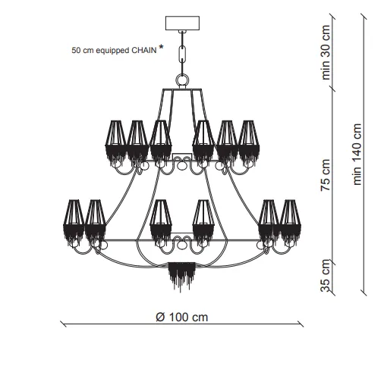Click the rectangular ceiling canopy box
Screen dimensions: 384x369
[182, 23]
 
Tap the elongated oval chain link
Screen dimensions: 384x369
[182, 54]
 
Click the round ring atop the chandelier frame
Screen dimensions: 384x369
[182, 80]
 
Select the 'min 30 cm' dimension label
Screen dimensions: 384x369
[326, 52]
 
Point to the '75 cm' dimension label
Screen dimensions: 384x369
[326, 175]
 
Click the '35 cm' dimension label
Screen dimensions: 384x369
[326, 276]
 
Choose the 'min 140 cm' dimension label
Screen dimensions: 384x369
[357, 155]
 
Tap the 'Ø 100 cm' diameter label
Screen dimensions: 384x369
[182, 317]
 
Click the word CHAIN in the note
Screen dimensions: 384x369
[144, 50]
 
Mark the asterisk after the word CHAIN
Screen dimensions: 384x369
[161, 47]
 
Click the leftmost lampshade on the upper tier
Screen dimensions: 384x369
[115, 142]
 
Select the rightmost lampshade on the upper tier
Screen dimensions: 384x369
[249, 142]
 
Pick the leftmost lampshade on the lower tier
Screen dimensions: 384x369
[74, 222]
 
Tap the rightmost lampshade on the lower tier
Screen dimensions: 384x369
[291, 222]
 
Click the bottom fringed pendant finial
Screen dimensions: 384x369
[182, 276]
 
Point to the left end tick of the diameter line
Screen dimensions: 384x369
[63, 324]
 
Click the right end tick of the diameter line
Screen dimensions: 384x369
[301, 324]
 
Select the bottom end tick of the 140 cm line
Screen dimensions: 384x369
[364, 293]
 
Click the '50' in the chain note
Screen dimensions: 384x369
[76, 50]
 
